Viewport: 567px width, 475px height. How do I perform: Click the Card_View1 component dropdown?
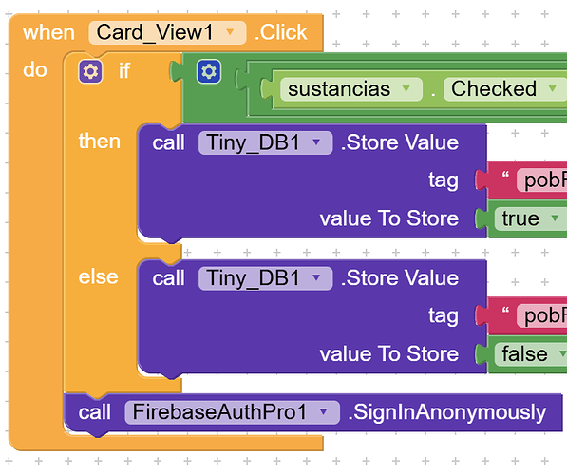click(x=167, y=32)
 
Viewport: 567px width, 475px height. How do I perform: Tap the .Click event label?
click(x=281, y=32)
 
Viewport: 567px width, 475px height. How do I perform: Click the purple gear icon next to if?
click(x=90, y=71)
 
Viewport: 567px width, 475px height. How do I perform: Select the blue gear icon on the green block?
click(x=209, y=71)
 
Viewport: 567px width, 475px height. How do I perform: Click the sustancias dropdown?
click(x=351, y=89)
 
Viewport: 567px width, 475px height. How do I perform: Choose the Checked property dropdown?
click(x=505, y=89)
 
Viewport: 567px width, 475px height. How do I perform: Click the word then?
click(x=100, y=142)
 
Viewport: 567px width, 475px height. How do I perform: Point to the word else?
click(x=99, y=277)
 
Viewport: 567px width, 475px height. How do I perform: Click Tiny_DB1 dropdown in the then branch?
click(x=265, y=142)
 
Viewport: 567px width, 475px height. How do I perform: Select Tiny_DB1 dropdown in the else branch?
click(x=265, y=278)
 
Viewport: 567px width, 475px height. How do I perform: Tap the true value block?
click(x=531, y=218)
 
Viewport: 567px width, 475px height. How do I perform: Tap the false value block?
click(x=531, y=353)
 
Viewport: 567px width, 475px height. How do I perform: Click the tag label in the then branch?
click(x=444, y=180)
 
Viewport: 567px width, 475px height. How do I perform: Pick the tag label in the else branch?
click(x=444, y=315)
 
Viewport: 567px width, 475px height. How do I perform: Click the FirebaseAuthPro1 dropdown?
click(x=232, y=412)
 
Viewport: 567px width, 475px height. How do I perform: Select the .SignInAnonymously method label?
click(x=447, y=412)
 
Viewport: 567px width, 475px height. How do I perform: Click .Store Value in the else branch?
click(x=400, y=278)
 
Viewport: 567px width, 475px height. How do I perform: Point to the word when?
click(x=48, y=33)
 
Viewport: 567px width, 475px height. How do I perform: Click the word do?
click(x=35, y=69)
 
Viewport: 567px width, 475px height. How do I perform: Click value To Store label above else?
click(x=389, y=218)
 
